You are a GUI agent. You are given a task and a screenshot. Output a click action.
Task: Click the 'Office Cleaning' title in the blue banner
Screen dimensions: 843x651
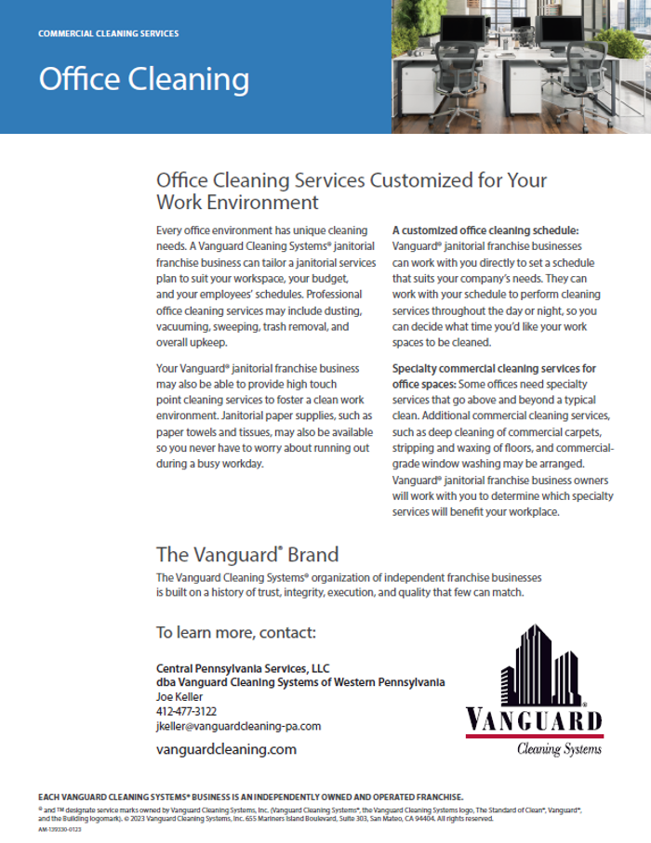[143, 79]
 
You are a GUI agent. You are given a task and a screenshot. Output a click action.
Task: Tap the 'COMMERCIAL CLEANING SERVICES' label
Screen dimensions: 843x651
[109, 33]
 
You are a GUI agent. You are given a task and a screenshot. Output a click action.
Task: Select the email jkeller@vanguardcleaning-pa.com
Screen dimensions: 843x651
[238, 726]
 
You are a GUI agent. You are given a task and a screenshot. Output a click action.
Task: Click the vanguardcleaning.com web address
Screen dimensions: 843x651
[226, 748]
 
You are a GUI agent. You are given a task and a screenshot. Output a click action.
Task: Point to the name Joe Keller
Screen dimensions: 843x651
[179, 696]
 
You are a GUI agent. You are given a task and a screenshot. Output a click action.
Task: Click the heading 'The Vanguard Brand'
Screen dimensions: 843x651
[246, 555]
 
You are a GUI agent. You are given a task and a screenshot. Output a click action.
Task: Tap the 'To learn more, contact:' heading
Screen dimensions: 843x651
[236, 633]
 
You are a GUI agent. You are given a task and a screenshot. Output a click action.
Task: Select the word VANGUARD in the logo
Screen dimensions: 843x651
[534, 721]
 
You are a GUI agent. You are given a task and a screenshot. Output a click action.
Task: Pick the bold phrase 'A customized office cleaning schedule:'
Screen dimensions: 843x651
[485, 230]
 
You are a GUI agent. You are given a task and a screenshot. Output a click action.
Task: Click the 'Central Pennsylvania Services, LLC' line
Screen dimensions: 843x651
[243, 668]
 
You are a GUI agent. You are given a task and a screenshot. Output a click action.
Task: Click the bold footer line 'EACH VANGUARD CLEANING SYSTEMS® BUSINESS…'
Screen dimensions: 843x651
[249, 797]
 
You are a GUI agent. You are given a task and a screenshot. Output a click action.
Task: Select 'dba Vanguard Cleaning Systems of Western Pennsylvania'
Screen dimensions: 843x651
[299, 682]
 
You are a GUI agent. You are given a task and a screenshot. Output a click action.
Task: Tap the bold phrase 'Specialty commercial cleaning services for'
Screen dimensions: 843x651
[494, 368]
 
